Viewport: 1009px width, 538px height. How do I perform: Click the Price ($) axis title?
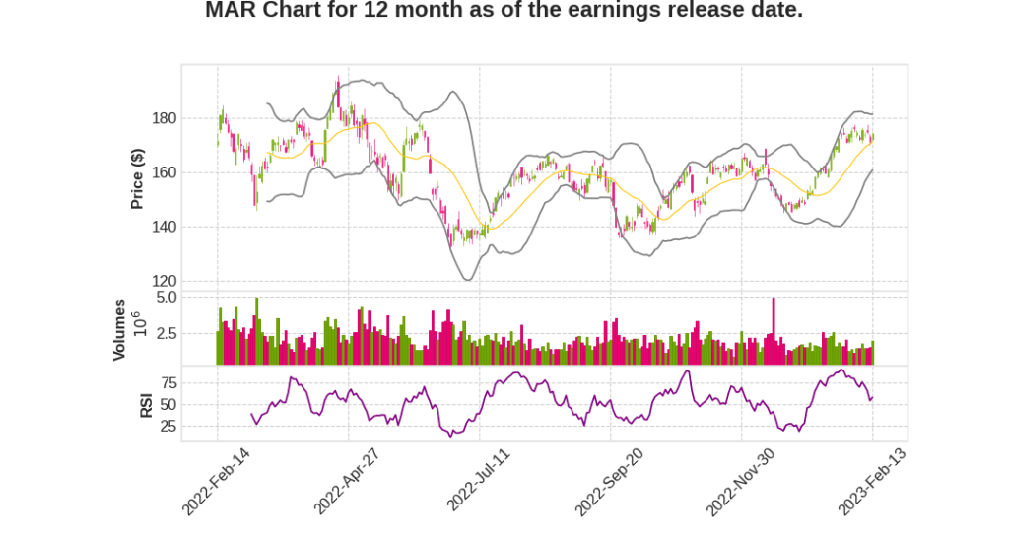pos(138,178)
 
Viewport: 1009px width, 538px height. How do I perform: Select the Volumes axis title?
pos(119,329)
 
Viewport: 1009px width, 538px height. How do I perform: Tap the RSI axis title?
pos(146,404)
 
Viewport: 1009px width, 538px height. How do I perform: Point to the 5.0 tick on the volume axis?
pos(166,297)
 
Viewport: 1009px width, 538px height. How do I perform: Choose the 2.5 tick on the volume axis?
pos(166,334)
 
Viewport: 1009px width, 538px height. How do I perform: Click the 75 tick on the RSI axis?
pos(168,382)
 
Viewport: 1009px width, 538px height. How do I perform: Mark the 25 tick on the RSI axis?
pos(168,427)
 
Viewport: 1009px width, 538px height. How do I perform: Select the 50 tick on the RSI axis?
pos(168,405)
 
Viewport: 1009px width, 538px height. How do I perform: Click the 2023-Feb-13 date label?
pos(871,481)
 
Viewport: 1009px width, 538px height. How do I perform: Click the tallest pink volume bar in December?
pos(774,331)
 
